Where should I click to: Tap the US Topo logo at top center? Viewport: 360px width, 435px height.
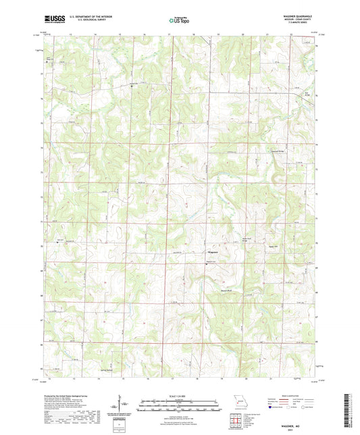click(x=179, y=21)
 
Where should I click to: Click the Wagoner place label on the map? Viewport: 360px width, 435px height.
click(x=211, y=252)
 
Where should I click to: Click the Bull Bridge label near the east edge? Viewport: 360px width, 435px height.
click(x=305, y=93)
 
